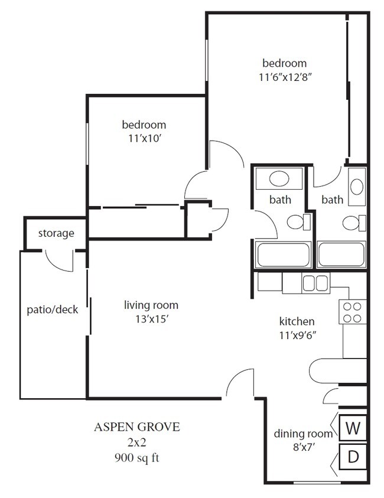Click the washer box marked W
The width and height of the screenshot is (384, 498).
(x=353, y=428)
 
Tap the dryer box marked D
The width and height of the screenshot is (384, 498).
(x=353, y=457)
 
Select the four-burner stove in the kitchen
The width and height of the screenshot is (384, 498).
(x=352, y=312)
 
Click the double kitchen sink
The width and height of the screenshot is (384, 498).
(x=315, y=283)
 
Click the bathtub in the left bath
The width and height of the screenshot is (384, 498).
(x=283, y=255)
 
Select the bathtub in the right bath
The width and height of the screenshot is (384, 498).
(x=341, y=255)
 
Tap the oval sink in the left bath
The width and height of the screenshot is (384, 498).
(x=278, y=178)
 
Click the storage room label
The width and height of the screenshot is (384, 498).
(x=56, y=233)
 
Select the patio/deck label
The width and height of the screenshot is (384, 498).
(x=53, y=310)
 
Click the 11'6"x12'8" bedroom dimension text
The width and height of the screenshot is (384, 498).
(x=284, y=77)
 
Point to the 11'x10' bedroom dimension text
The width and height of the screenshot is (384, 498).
(x=144, y=139)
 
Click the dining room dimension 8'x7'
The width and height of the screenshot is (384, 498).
(x=298, y=447)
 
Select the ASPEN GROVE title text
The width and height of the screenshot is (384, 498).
(x=137, y=426)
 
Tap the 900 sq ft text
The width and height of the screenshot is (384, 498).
(x=137, y=457)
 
